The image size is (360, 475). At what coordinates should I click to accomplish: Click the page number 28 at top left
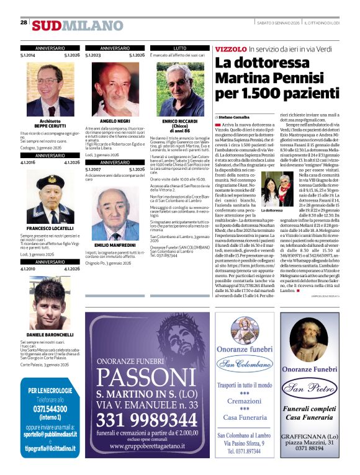24,22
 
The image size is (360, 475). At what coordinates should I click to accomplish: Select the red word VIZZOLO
230,48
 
